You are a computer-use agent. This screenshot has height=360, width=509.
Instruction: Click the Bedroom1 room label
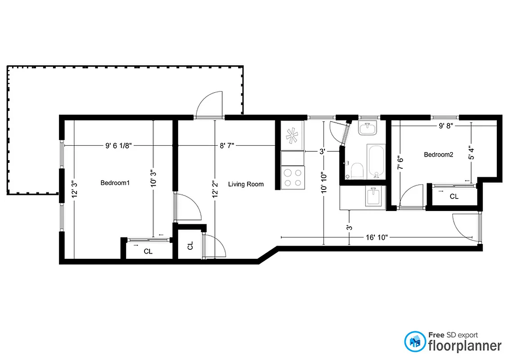[115, 183]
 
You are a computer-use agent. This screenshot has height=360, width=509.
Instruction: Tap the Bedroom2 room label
[438, 155]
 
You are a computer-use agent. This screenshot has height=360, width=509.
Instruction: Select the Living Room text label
[246, 184]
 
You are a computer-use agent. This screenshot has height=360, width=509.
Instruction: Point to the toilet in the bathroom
[356, 171]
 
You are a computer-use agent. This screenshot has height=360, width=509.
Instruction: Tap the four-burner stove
[292, 177]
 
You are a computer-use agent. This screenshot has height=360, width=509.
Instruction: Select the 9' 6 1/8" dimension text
[118, 145]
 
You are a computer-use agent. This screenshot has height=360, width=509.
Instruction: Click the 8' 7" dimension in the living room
[227, 145]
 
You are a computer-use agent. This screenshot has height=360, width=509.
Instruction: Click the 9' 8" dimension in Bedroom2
[446, 126]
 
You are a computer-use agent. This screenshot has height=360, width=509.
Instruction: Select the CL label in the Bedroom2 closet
[454, 197]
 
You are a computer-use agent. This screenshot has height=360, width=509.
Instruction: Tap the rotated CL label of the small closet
[190, 246]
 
